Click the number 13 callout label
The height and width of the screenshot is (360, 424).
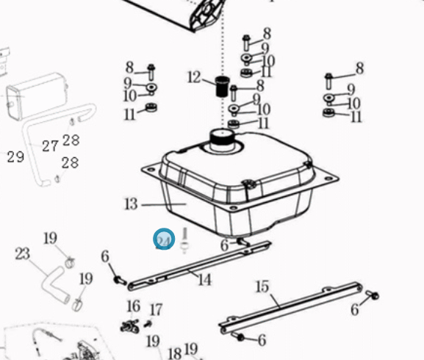[131, 204]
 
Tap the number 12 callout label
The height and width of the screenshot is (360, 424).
[194, 77]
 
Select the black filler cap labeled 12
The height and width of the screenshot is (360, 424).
[222, 86]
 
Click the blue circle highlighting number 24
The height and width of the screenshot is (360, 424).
[164, 240]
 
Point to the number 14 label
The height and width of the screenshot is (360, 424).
[204, 279]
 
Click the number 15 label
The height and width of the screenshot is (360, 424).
[262, 287]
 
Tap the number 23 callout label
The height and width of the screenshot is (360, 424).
[23, 253]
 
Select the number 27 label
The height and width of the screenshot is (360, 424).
[50, 146]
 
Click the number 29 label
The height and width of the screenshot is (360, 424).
[15, 156]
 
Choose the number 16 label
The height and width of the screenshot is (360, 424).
[134, 306]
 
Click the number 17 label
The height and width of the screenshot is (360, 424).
[156, 310]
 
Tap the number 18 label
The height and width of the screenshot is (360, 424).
[174, 354]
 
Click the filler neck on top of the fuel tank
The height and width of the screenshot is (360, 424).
[222, 140]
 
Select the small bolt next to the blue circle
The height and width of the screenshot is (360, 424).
[184, 240]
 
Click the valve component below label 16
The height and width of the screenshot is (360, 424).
[130, 326]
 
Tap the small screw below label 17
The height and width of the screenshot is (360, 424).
[148, 323]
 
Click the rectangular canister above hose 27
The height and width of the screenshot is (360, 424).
[37, 96]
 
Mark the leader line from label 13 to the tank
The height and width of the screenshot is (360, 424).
[164, 204]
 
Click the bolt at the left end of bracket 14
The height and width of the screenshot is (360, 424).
[120, 280]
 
